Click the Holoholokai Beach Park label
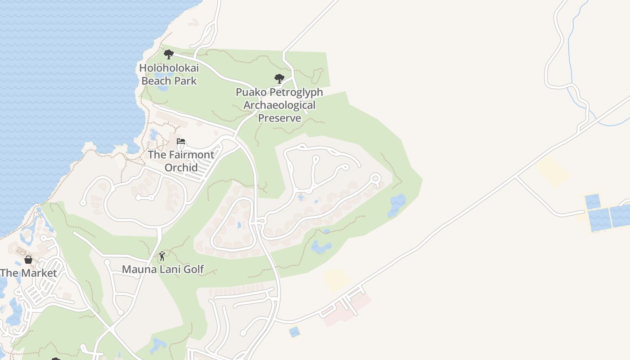[x=169, y=75]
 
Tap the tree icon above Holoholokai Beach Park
[x=169, y=54]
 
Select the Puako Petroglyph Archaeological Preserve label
[x=279, y=105]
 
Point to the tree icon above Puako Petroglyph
[x=279, y=79]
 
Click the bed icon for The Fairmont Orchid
[x=181, y=141]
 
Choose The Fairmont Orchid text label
[x=181, y=161]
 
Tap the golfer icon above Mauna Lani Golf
[x=162, y=256]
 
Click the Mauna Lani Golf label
[x=163, y=269]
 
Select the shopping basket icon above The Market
[x=28, y=260]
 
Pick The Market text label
[x=28, y=273]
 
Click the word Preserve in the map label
[x=279, y=118]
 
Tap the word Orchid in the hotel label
[x=181, y=167]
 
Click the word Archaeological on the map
[x=279, y=105]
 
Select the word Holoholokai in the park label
[x=169, y=68]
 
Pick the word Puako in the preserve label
[x=252, y=92]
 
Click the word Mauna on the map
[x=137, y=269]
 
